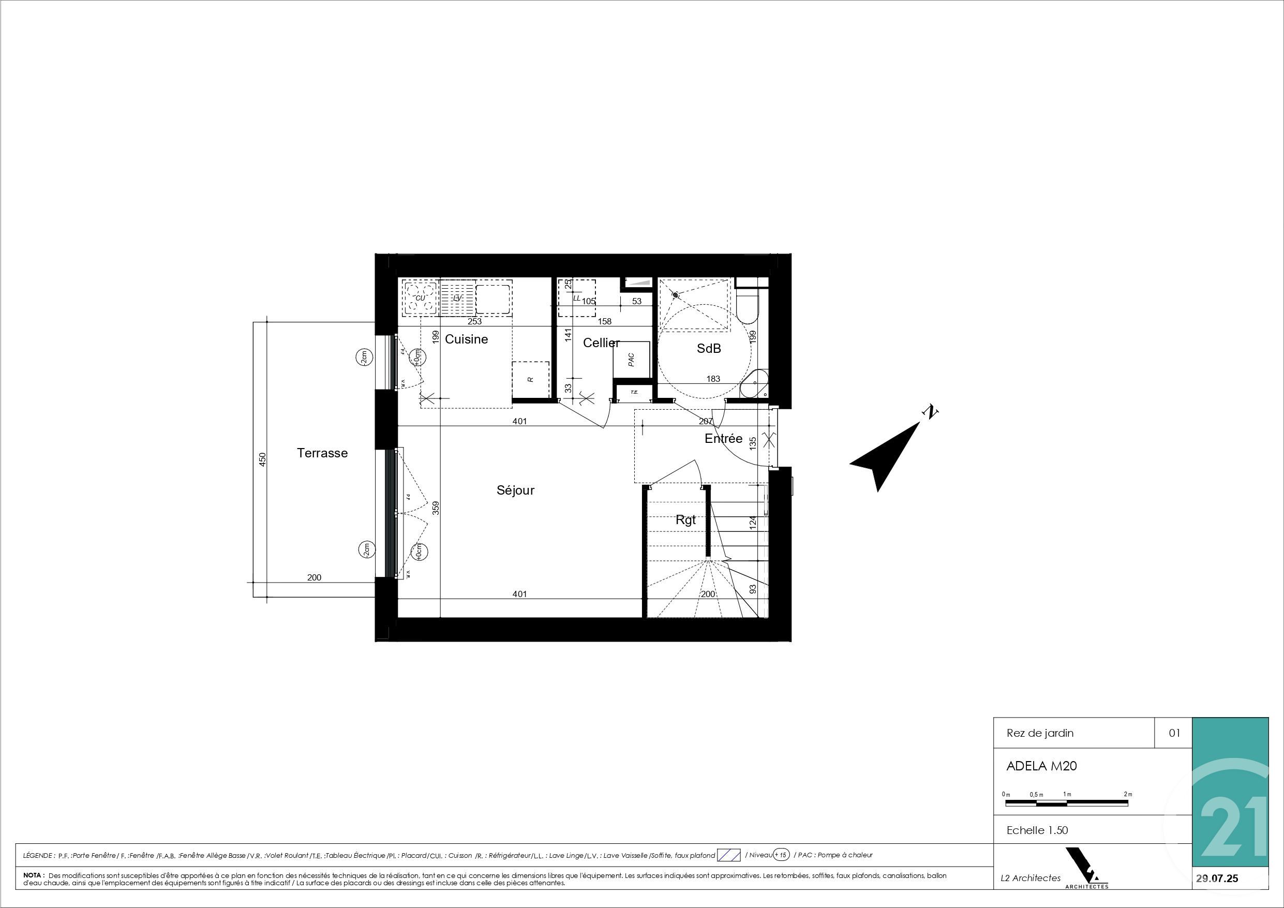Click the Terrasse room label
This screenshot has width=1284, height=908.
pyautogui.click(x=322, y=453)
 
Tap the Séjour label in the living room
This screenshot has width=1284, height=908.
pyautogui.click(x=515, y=490)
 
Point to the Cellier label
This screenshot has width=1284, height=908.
pyautogui.click(x=601, y=343)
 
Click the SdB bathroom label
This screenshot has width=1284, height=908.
pyautogui.click(x=709, y=349)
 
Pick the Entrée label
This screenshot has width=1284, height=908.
pyautogui.click(x=723, y=439)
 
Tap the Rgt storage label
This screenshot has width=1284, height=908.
pyautogui.click(x=685, y=520)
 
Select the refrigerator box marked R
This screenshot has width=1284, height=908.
pyautogui.click(x=530, y=379)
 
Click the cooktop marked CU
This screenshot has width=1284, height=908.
pyautogui.click(x=420, y=297)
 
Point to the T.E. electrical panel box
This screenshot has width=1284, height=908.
pyautogui.click(x=634, y=392)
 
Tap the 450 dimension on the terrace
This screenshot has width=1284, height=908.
pyautogui.click(x=263, y=459)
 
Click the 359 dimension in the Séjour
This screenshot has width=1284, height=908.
pyautogui.click(x=436, y=508)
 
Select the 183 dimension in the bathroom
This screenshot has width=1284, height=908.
pyautogui.click(x=713, y=379)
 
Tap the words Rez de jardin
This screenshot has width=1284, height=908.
pyautogui.click(x=1040, y=733)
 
